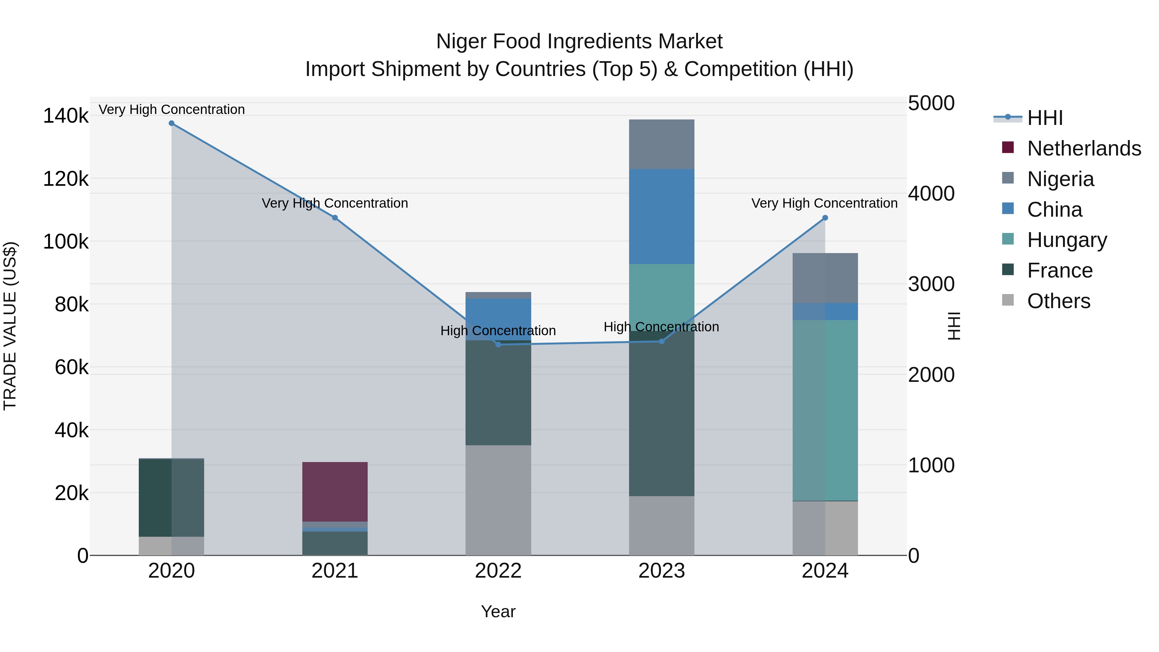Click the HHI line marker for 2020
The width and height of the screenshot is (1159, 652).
pos(171,123)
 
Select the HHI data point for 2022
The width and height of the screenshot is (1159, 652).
pos(498,344)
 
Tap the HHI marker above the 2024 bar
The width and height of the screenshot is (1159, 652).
pos(825,218)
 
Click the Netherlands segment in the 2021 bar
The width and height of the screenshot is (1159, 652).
pos(335,491)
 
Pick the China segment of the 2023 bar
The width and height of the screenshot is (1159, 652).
pos(661,216)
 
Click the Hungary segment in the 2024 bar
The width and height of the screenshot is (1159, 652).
pos(825,410)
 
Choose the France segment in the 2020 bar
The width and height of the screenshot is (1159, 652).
pos(171,497)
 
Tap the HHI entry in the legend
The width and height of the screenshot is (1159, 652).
pos(1045,118)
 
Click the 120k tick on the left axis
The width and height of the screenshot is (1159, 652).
pos(66,179)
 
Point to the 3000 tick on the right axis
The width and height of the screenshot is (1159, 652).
pos(931,284)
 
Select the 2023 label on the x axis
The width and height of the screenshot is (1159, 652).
pos(661,571)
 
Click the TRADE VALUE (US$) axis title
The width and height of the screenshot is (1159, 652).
pos(10,326)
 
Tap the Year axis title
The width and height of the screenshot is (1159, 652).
pos(498,611)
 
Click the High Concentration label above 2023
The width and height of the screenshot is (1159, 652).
pos(661,327)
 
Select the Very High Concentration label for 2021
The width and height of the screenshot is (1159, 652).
pos(335,203)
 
